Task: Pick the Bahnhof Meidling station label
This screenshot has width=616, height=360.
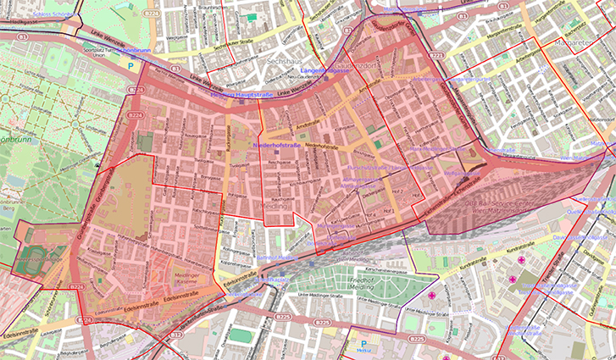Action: (275, 257)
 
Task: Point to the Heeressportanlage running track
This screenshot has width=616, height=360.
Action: (29, 263)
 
